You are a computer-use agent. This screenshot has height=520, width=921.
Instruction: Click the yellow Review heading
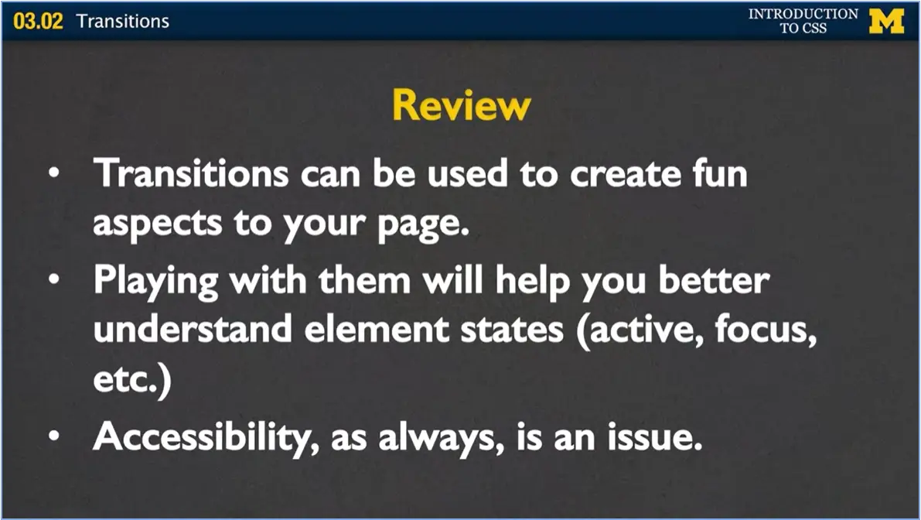coord(461,104)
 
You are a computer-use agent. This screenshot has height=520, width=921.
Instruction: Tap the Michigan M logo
coord(886,21)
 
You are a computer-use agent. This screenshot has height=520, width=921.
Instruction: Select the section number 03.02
coord(38,21)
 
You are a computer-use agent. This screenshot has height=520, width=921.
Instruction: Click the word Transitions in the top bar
coord(122,21)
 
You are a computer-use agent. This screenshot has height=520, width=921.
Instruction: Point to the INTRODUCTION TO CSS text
coord(803,21)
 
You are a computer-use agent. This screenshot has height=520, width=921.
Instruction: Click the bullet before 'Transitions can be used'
coord(53,175)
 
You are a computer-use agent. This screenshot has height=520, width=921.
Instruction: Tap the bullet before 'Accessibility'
coord(53,436)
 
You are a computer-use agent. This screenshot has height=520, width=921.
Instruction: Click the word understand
coord(193,330)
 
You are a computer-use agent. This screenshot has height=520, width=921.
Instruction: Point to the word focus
coord(766,330)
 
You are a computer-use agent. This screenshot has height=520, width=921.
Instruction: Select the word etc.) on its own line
coord(131,383)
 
